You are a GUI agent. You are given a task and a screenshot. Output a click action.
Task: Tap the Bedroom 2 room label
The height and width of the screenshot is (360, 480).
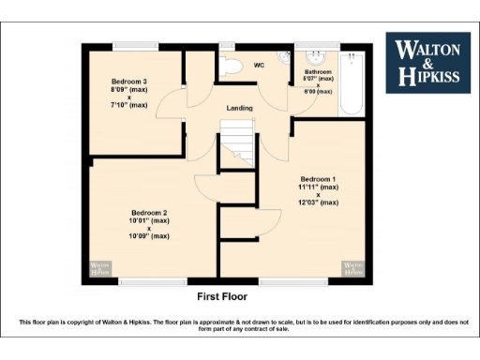(x=150, y=213)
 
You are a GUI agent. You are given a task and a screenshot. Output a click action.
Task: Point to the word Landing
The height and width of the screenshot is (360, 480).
(x=240, y=109)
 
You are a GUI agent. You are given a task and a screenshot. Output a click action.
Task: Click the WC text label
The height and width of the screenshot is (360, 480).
(x=260, y=65)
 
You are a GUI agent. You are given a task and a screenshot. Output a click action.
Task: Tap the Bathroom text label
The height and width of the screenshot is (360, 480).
(x=318, y=71)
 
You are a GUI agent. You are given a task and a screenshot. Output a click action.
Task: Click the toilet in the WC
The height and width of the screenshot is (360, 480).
(x=232, y=65)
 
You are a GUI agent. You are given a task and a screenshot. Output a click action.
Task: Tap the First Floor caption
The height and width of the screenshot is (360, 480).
(x=222, y=296)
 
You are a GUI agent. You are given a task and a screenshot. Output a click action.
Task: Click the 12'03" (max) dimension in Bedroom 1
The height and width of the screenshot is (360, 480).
(x=319, y=202)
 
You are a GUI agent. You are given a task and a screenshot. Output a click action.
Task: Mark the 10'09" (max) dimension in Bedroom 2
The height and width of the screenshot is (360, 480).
(x=150, y=236)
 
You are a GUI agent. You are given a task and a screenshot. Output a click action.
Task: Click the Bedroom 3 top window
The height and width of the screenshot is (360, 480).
(x=135, y=45)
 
